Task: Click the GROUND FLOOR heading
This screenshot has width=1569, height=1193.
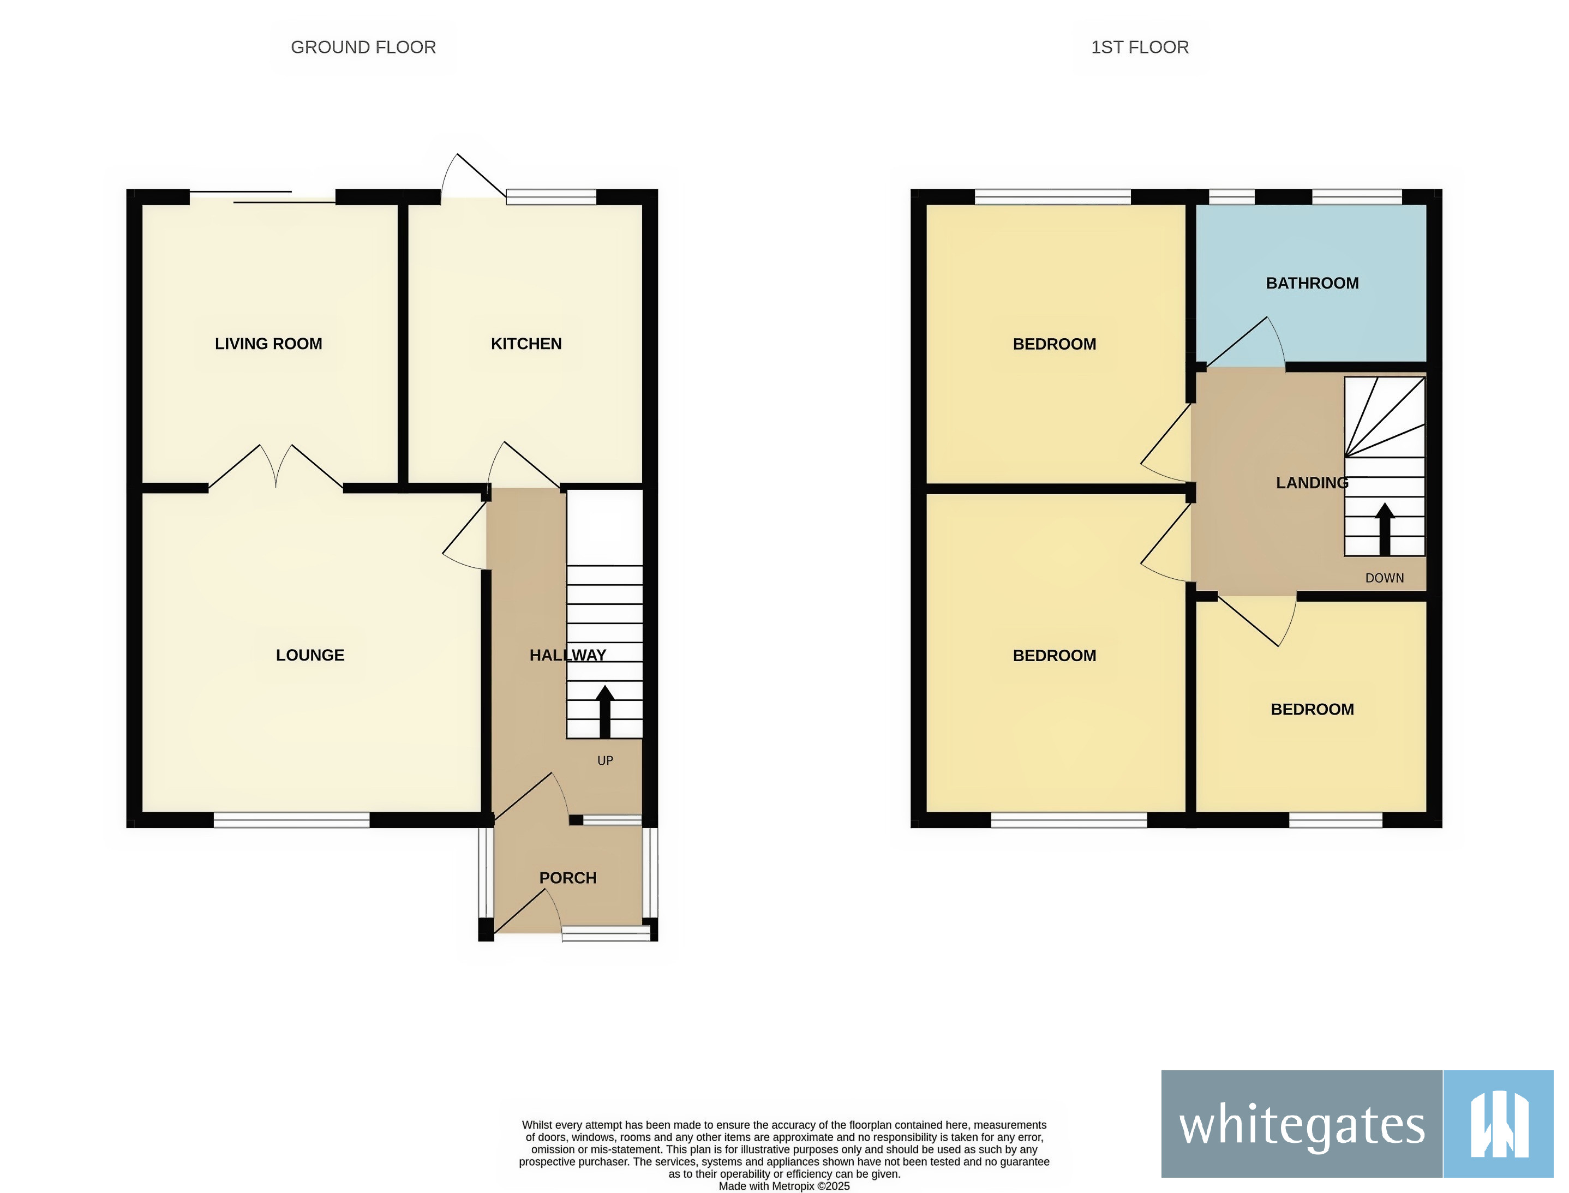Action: click(363, 47)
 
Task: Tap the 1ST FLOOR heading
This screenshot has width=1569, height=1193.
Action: click(1139, 47)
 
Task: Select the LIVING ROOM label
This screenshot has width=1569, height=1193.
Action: click(268, 344)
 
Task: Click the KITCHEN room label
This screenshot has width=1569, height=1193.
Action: click(525, 344)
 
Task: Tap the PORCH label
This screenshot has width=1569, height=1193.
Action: click(567, 878)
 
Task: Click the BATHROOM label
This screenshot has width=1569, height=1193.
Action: click(1312, 283)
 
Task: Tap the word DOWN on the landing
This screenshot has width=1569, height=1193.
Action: click(1384, 579)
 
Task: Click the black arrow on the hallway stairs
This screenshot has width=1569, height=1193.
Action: click(604, 711)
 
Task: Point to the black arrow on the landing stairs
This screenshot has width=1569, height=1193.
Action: click(1384, 529)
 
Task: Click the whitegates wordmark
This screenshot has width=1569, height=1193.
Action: click(1301, 1126)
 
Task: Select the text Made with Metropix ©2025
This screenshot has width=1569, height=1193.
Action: click(783, 1186)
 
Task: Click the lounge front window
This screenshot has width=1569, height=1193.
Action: click(291, 821)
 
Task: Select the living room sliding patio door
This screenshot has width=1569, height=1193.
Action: click(263, 197)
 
